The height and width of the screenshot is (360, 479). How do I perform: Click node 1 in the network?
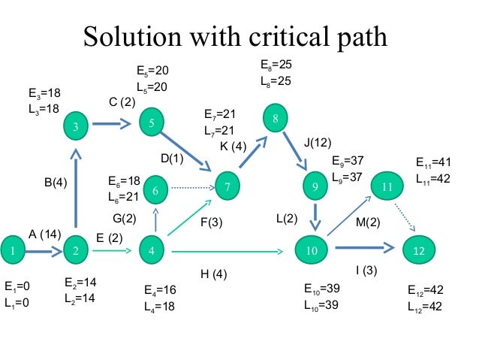[13, 251]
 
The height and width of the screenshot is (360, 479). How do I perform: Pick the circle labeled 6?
[155, 192]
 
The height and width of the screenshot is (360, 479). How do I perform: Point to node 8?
[276, 119]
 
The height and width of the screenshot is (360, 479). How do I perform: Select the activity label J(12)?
[318, 141]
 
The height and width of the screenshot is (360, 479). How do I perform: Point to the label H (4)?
[213, 274]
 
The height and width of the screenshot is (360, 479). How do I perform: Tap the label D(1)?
[172, 158]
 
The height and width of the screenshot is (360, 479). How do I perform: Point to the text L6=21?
[125, 196]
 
